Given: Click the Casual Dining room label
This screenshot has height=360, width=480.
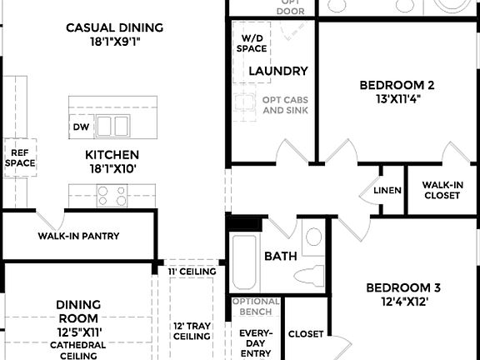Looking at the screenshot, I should click(x=115, y=27).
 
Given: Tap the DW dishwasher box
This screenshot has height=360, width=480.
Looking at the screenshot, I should click(x=81, y=127).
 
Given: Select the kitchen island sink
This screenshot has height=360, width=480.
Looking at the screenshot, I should click(x=114, y=126).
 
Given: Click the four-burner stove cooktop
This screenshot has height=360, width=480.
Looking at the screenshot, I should click(x=112, y=196).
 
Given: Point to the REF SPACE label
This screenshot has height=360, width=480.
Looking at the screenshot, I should click(x=20, y=157).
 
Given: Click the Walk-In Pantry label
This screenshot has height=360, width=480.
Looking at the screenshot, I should click(x=78, y=236).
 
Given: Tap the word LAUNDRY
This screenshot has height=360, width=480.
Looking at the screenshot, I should click(x=278, y=72).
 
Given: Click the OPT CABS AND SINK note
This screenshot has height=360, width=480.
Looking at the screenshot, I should click(x=285, y=105).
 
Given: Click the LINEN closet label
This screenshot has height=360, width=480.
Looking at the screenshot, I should click(x=387, y=191).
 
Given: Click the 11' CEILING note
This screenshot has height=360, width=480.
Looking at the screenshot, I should click(x=192, y=272).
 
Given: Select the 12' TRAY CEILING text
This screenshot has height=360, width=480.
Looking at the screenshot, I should click(x=192, y=331).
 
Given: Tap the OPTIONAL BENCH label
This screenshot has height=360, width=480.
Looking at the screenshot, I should click(x=255, y=307).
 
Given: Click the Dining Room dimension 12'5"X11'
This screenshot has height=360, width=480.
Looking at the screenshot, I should click(x=78, y=332).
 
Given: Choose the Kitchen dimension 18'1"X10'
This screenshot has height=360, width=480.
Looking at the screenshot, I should click(x=112, y=168).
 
